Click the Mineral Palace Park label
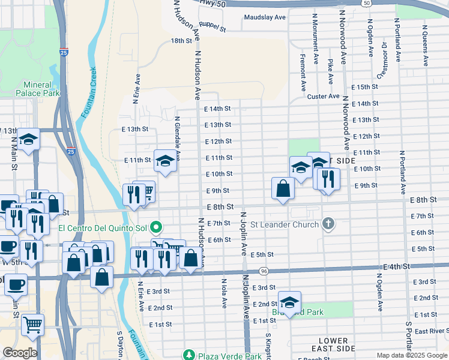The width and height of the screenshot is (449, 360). coord(38,89)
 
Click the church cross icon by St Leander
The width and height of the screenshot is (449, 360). coord(328,224)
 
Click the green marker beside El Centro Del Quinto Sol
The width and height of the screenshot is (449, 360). coord(157,227)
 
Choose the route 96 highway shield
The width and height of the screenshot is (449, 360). coord(264,272)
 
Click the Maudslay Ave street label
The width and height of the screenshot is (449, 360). coord(265,17)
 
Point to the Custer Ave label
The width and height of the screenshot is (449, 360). coord(323,97)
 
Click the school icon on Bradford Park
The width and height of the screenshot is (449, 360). coord(289,302)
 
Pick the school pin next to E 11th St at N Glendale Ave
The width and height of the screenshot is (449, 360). coord(166,161)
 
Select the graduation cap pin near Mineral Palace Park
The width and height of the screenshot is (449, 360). coord(28,140)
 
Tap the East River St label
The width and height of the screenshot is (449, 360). coord(430,331)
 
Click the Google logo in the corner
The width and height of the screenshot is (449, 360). coord(20,353)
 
